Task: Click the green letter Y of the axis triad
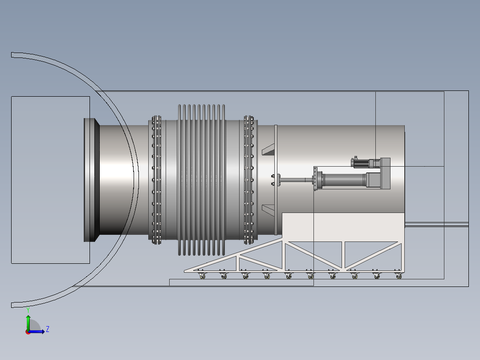tap(28, 310)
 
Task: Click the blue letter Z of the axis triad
tap(48, 329)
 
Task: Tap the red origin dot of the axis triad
tap(28, 332)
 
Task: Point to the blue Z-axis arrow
tap(37, 331)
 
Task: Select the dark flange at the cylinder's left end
tap(92, 180)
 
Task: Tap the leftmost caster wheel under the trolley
tap(202, 275)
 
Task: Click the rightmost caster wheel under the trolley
tap(399, 275)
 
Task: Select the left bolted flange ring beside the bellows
tap(156, 180)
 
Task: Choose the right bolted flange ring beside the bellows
tap(249, 180)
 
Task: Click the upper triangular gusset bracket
tap(268, 149)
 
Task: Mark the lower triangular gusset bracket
tap(268, 210)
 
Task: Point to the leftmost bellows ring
tap(179, 180)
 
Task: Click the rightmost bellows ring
tap(224, 180)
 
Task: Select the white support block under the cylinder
tap(343, 227)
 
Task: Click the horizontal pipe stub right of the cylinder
tap(436, 225)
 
